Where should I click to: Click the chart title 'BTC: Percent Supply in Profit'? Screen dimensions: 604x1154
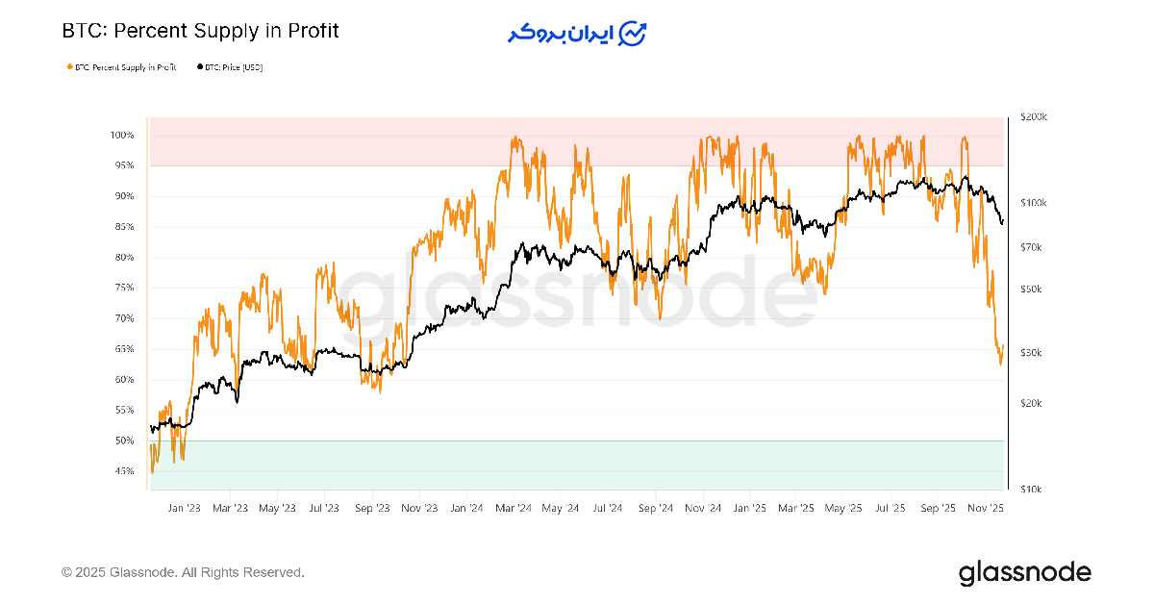[200, 31]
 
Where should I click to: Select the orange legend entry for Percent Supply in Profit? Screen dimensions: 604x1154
[124, 67]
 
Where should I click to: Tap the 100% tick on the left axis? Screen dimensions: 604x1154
[122, 135]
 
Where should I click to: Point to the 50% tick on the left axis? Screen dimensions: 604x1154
[123, 440]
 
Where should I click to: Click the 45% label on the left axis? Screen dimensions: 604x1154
[123, 471]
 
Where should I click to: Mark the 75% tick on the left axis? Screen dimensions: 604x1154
[123, 288]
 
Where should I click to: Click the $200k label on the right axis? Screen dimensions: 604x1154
[1033, 116]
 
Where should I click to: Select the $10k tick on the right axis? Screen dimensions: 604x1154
[1031, 490]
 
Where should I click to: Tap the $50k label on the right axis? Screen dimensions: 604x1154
[1031, 289]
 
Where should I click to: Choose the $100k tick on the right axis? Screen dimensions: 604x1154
[1033, 203]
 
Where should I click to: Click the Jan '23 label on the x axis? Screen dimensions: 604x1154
[184, 508]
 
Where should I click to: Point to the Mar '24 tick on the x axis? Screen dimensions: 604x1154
[514, 508]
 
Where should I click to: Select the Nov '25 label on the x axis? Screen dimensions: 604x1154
[985, 508]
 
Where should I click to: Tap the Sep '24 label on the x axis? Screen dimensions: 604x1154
[655, 508]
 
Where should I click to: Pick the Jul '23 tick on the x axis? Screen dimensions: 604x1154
[325, 508]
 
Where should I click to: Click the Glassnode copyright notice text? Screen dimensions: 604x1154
[183, 572]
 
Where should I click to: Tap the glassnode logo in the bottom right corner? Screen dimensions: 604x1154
[1024, 573]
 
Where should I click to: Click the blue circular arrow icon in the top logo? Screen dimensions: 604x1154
[633, 33]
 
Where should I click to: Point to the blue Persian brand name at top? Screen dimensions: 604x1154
[562, 33]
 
